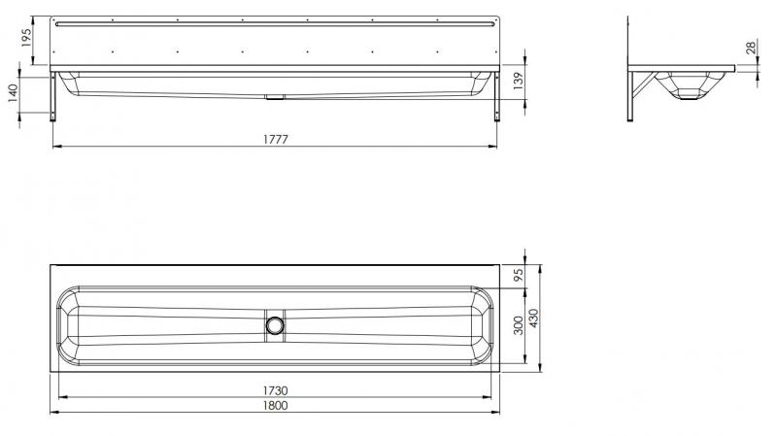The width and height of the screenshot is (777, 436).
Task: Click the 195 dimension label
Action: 27,40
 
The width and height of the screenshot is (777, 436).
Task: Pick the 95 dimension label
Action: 519,275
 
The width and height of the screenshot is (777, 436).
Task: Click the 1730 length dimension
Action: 275,390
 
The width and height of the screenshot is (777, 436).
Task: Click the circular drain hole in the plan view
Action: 276,325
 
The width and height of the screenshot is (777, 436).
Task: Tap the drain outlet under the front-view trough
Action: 275,96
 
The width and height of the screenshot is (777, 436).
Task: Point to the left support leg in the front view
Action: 56,97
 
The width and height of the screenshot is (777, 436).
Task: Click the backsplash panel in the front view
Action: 275,39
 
